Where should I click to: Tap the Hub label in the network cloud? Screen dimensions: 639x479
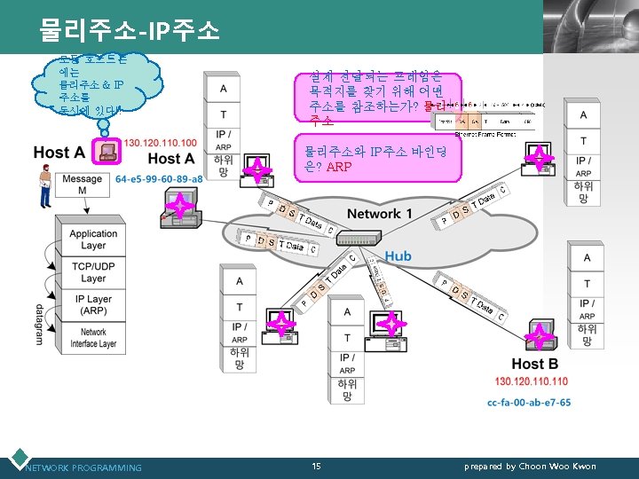point(397,255)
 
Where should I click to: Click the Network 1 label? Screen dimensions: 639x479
point(380,214)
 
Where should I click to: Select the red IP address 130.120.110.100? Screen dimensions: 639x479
point(161,143)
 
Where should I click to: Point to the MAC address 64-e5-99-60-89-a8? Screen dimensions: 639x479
point(159,179)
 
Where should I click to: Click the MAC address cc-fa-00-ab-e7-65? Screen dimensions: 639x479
point(529,402)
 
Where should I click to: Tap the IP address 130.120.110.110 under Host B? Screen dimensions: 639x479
point(531,381)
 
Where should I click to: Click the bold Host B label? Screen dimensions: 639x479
point(534,364)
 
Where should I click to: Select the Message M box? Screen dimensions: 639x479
point(83,185)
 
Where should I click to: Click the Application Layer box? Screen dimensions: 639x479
point(93,239)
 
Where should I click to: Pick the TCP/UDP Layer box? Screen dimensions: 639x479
point(93,272)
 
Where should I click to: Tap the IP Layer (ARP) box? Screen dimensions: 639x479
point(93,305)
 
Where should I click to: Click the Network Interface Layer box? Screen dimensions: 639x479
point(93,338)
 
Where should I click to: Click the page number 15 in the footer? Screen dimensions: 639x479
point(317,467)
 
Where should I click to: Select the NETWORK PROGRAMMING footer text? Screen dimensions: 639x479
point(83,467)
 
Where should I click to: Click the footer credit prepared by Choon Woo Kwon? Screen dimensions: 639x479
point(530,467)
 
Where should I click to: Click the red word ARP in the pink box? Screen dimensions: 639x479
point(339,167)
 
